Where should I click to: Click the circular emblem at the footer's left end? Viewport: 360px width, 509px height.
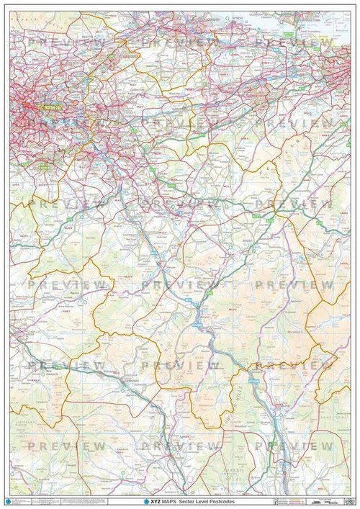(x=8, y=500)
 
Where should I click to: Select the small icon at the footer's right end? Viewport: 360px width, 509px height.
(x=352, y=500)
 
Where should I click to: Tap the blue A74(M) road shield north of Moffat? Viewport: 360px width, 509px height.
(x=253, y=374)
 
